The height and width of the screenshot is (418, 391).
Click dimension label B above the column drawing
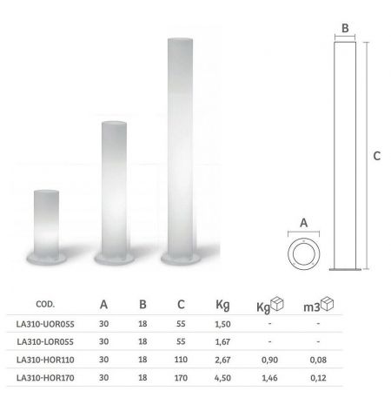coord(345,28)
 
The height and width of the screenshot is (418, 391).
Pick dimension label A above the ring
coord(304,223)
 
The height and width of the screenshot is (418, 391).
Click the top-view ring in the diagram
coord(304,255)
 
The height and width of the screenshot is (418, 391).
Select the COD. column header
coord(46,305)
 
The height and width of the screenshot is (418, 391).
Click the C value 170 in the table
coord(181,378)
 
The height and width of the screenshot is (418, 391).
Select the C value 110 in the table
coord(181,360)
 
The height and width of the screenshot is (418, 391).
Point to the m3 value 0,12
coord(318,378)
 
